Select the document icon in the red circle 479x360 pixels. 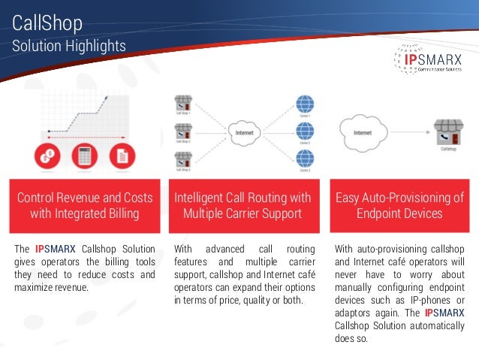point(120,157)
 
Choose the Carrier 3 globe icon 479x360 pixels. point(304,158)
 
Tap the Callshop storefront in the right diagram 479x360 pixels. point(448,132)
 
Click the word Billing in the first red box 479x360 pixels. point(121,213)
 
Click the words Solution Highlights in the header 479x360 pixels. point(69,47)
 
